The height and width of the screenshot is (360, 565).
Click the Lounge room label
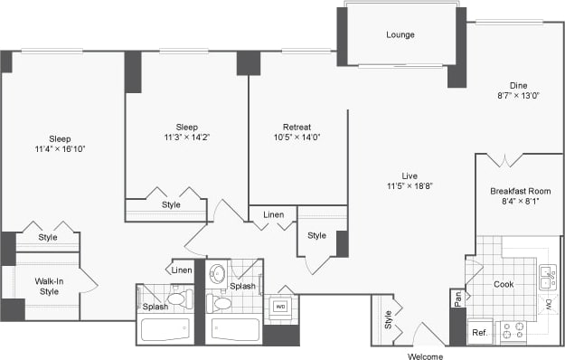coord(400,35)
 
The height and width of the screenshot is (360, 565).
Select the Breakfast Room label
coord(520,192)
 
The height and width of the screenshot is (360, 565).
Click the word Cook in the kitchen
coord(504,284)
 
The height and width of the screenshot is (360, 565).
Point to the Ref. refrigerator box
coord(479,332)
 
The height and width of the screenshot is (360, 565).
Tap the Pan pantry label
coord(457,297)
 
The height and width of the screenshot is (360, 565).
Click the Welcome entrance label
coord(425,355)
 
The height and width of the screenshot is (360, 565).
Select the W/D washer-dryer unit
coord(280,307)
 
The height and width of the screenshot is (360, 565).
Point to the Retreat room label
coord(297,127)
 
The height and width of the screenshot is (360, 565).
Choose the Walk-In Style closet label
coord(48,286)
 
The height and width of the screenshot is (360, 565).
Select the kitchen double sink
coord(547,276)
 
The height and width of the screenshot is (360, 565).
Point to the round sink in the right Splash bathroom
coord(218,272)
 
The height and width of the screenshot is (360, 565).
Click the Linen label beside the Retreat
coord(273,214)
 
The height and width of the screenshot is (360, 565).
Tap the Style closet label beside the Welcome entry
coord(388,318)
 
